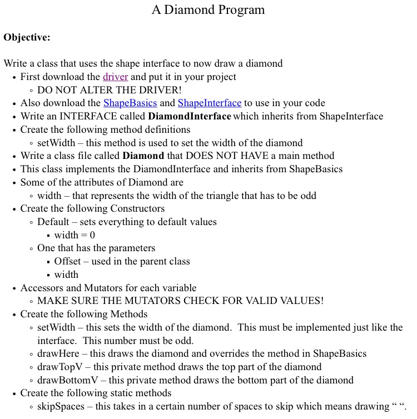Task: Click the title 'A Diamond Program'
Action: tap(208, 10)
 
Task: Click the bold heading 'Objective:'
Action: tap(27, 37)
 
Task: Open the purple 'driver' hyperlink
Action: tap(116, 77)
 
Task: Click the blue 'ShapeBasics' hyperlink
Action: tap(130, 103)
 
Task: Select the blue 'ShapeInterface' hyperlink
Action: tap(210, 103)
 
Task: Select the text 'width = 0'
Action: tap(75, 235)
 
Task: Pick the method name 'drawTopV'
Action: tap(59, 367)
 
